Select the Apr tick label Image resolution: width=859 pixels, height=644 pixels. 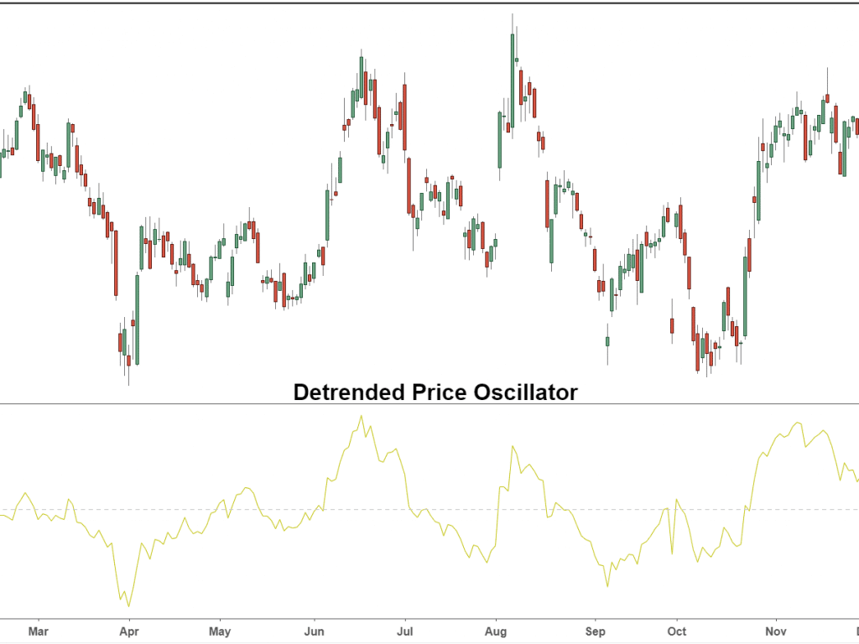(x=128, y=631)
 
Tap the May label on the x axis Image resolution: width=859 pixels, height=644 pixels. (x=220, y=631)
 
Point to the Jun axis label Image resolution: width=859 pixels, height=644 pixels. (x=314, y=631)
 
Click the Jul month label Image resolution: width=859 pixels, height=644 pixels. (x=405, y=631)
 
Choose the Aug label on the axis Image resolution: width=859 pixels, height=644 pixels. (x=497, y=631)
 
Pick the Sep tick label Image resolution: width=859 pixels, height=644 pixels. (x=595, y=631)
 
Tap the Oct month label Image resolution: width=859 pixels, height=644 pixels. (x=677, y=631)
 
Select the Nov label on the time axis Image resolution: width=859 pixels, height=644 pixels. (x=776, y=631)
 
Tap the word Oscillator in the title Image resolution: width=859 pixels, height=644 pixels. (x=528, y=392)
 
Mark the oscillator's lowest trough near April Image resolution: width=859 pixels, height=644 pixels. (x=128, y=605)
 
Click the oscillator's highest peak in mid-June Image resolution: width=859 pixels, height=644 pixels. (x=362, y=417)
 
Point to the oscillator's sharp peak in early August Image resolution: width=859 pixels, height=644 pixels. (x=512, y=447)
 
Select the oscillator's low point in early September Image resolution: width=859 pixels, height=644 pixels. (x=607, y=586)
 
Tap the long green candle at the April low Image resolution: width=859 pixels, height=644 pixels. (x=138, y=318)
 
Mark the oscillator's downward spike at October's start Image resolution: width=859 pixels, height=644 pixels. (x=672, y=553)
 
